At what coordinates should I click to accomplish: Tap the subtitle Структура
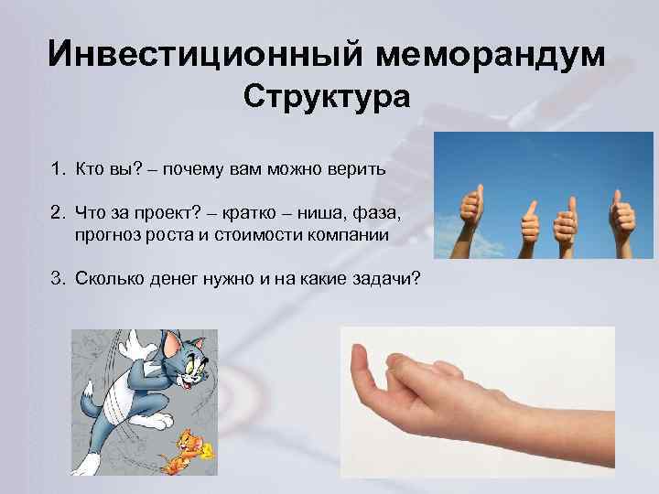click(x=328, y=97)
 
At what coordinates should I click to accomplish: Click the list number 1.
click(x=57, y=169)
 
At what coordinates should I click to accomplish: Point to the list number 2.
click(x=57, y=213)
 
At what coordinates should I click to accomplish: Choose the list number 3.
click(x=57, y=278)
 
